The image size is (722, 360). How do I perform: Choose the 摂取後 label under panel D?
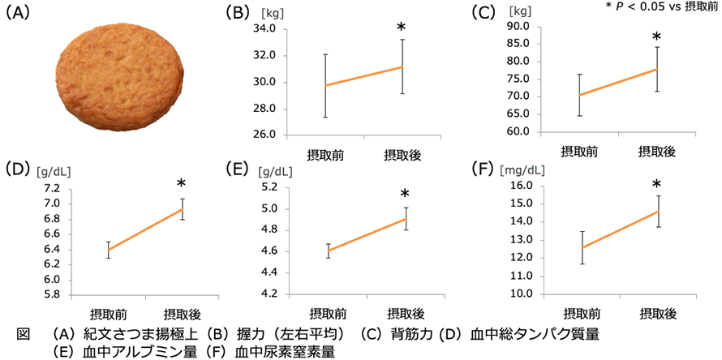pyautogui.click(x=183, y=314)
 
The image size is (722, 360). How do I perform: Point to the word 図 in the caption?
pyautogui.click(x=23, y=333)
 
